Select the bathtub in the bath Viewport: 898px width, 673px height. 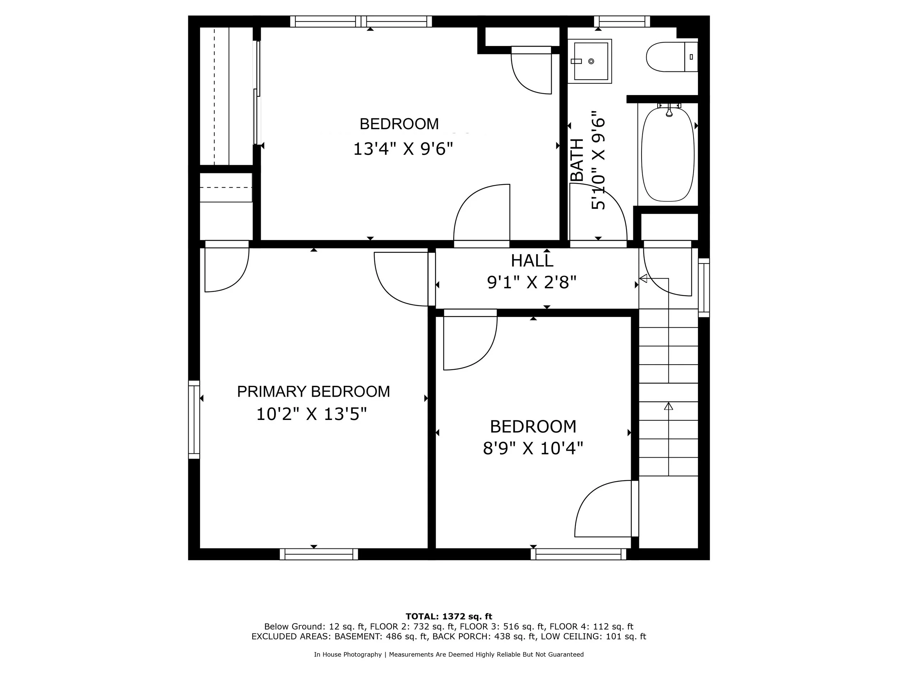pos(668,154)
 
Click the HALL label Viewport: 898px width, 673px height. pos(532,261)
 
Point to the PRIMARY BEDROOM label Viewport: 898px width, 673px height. pos(314,392)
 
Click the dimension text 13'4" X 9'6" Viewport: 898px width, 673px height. pos(403,149)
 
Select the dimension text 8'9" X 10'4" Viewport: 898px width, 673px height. pos(533,449)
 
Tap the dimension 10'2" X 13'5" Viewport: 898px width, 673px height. pos(311,414)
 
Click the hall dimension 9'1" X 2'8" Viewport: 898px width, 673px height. pos(532,282)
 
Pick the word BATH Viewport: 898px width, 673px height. pos(577,160)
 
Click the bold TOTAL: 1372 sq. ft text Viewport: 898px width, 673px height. pos(449,617)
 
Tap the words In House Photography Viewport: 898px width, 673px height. pos(347,654)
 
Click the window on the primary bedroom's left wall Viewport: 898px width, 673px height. pos(194,420)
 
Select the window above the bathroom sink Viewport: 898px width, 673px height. pos(621,21)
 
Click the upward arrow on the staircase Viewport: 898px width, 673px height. pos(668,406)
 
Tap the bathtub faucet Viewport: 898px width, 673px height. pos(669,110)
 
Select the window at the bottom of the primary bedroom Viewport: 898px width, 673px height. pos(319,554)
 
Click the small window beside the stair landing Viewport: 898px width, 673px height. pos(704,287)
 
